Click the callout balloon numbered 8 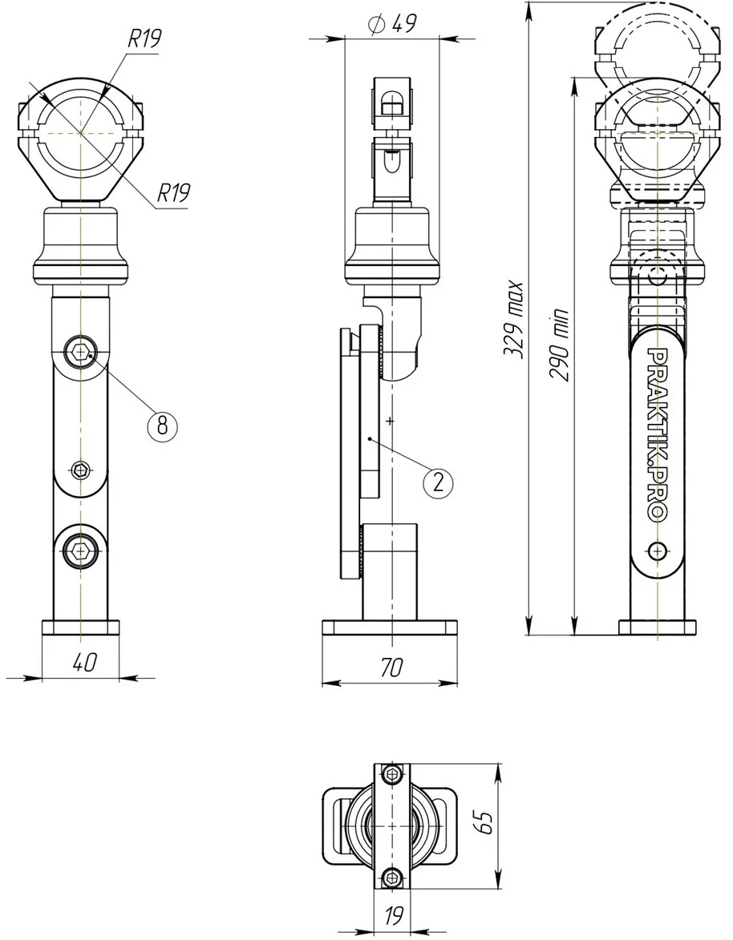pyautogui.click(x=162, y=425)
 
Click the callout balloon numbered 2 pyautogui.click(x=439, y=482)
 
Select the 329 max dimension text pyautogui.click(x=515, y=320)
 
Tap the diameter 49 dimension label pyautogui.click(x=392, y=24)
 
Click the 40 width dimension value pyautogui.click(x=84, y=662)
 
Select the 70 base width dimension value pyautogui.click(x=391, y=667)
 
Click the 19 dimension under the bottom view pyautogui.click(x=393, y=915)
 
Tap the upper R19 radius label pyautogui.click(x=144, y=39)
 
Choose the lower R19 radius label pyautogui.click(x=172, y=193)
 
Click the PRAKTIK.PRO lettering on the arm pyautogui.click(x=658, y=434)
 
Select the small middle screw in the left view pyautogui.click(x=80, y=470)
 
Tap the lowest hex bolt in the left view pyautogui.click(x=79, y=547)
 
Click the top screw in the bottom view pyautogui.click(x=392, y=774)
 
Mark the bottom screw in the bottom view pyautogui.click(x=392, y=877)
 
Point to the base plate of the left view pyautogui.click(x=80, y=627)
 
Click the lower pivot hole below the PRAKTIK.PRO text pyautogui.click(x=658, y=550)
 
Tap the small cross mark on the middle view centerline pyautogui.click(x=391, y=421)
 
